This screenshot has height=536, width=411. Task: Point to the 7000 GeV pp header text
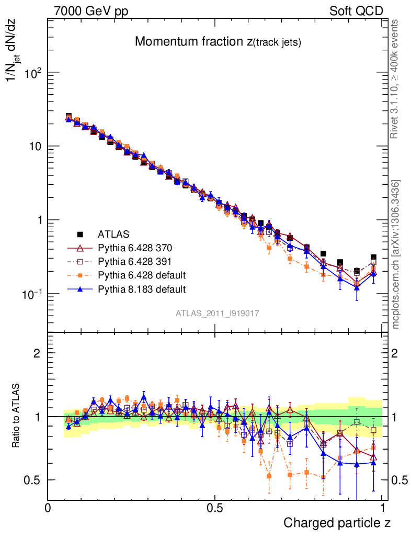pos(91,10)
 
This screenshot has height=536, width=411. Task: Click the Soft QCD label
pos(356,10)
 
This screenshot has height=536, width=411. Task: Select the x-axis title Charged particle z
pos(337,522)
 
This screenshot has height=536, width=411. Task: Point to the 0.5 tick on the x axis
pos(215,508)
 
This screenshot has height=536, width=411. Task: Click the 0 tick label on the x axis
pos(48,508)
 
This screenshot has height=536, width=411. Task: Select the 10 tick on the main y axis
pos(35,146)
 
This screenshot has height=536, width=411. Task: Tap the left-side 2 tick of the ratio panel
pos(37,353)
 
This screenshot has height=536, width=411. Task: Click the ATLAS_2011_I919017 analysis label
pos(218,313)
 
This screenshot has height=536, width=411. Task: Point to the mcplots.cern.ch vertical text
pos(396,254)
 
